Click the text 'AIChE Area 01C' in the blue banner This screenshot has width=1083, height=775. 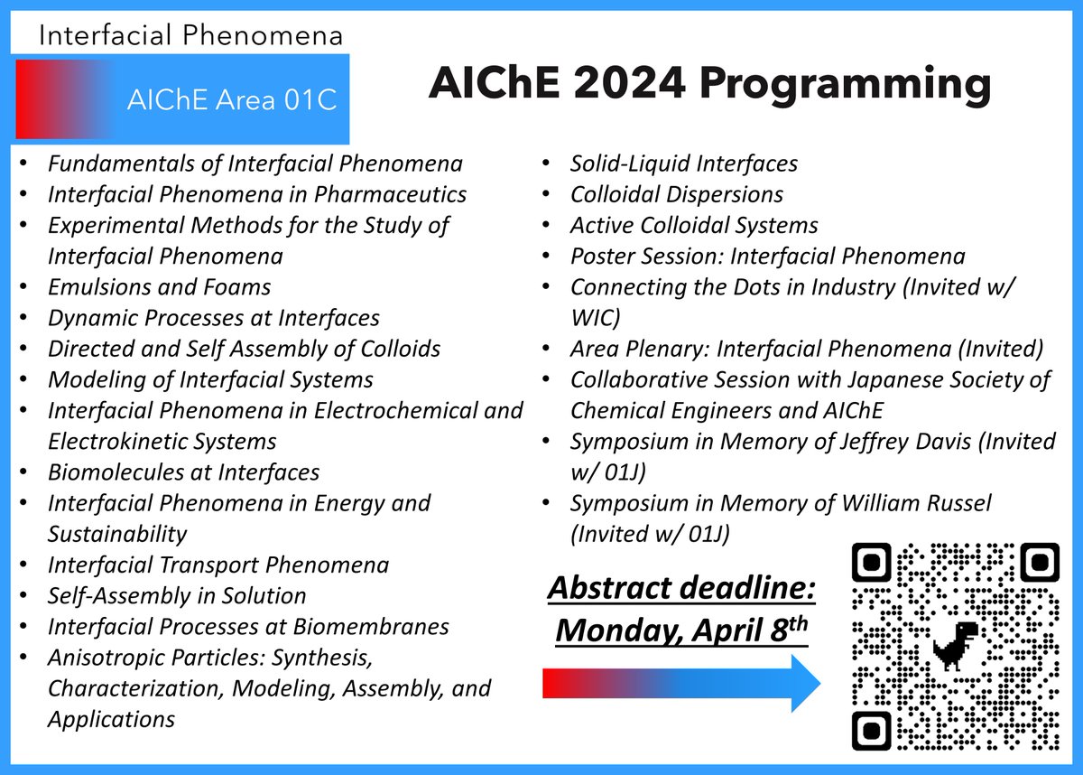[x=232, y=100]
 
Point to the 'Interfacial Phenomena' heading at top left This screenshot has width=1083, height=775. [x=190, y=35]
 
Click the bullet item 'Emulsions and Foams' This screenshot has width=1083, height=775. [x=159, y=286]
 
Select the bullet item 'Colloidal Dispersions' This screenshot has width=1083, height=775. [x=676, y=194]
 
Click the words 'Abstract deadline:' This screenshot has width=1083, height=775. [x=682, y=590]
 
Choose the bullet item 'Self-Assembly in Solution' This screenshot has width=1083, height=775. [x=177, y=595]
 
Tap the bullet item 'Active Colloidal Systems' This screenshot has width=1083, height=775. [x=693, y=225]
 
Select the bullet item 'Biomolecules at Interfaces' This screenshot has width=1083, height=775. [x=183, y=472]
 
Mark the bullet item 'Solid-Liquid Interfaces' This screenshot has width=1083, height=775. [x=683, y=163]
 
